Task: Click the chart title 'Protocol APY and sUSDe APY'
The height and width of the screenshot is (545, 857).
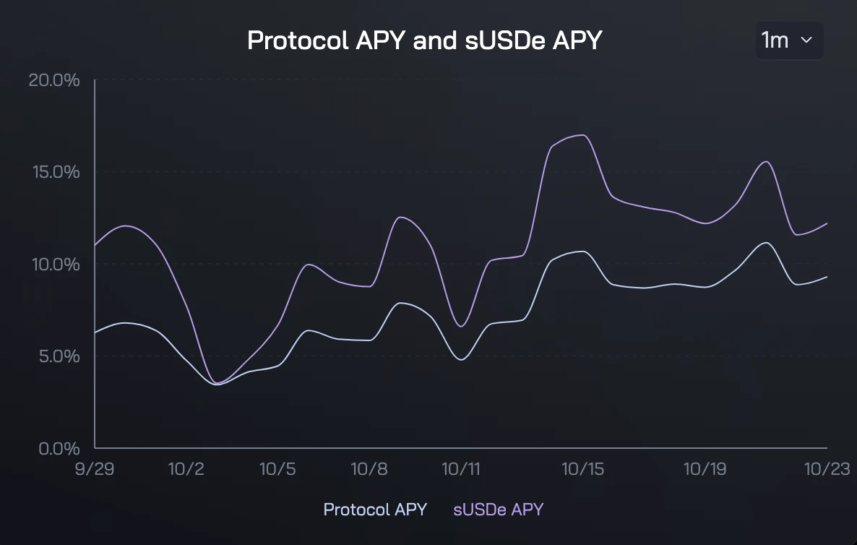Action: point(424,40)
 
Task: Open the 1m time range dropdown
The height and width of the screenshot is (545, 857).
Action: point(789,40)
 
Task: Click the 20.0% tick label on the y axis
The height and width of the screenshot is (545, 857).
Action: point(54,80)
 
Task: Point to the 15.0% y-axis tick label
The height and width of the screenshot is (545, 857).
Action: point(54,172)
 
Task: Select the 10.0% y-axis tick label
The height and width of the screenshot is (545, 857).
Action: point(54,264)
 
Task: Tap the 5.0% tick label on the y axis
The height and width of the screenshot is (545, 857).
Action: point(57,356)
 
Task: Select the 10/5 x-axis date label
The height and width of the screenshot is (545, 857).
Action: point(277,469)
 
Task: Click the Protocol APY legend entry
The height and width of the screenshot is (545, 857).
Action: point(375,510)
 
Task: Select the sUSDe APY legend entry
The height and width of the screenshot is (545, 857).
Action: point(499,510)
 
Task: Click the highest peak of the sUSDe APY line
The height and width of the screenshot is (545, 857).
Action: point(582,135)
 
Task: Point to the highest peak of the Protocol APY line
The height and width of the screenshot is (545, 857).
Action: point(766,242)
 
